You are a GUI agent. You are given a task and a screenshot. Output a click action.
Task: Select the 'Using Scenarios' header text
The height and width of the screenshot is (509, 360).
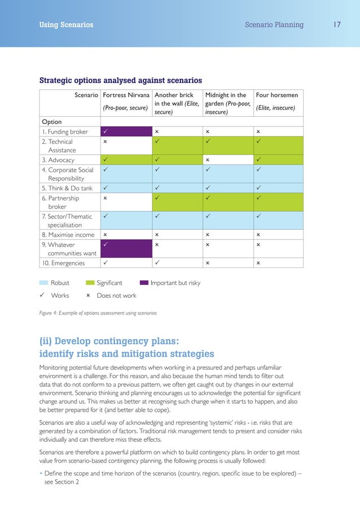coord(66,25)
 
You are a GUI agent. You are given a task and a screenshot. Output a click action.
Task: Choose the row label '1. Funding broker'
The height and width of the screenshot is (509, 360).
coord(65,132)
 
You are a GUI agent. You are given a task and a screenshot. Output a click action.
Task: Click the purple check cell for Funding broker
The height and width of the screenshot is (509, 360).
coord(125,132)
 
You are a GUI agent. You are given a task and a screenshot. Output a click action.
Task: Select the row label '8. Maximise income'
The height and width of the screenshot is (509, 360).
coord(68,234)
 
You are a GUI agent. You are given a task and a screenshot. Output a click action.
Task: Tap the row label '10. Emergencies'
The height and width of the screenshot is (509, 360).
coord(64,263)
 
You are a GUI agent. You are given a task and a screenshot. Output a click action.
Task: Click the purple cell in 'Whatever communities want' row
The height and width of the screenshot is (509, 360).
coord(125,249)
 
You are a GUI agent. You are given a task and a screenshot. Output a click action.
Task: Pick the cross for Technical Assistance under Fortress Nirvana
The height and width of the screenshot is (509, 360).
coord(105,142)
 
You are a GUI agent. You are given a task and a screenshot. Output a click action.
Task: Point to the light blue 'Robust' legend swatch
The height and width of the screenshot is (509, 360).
coord(44,283)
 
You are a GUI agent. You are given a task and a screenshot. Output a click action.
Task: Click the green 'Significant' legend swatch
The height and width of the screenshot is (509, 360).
coord(90,283)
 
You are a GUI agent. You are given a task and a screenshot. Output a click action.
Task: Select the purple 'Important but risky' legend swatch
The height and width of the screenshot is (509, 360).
coord(144,283)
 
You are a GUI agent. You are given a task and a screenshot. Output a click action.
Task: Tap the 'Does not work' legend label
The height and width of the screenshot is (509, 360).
coord(116,295)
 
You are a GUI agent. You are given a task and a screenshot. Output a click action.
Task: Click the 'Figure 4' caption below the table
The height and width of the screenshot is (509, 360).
coord(97,313)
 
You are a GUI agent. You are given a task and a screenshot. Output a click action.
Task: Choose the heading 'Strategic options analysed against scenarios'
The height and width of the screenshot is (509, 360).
coord(120,80)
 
